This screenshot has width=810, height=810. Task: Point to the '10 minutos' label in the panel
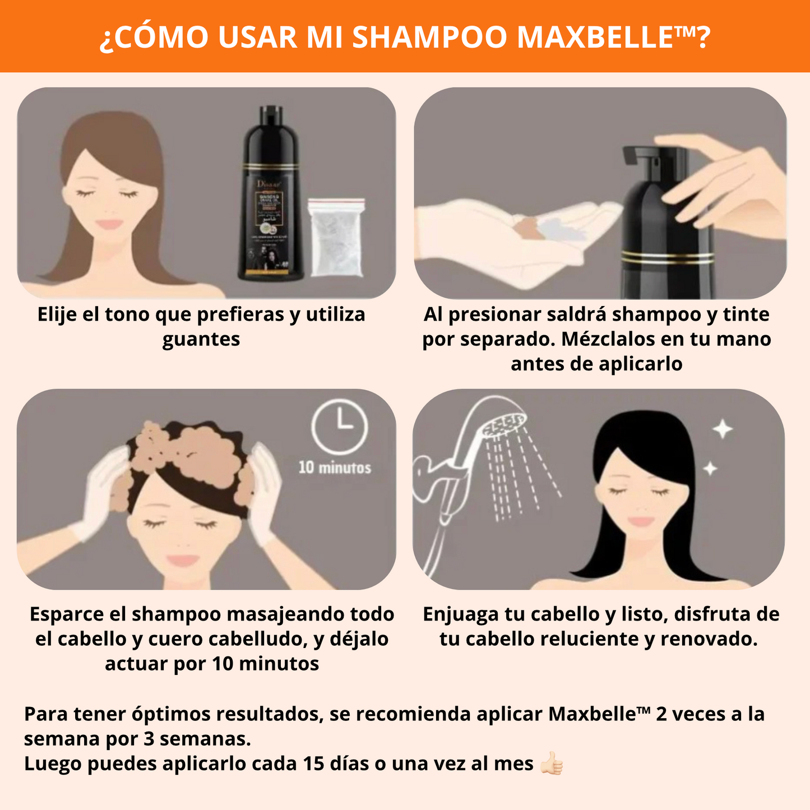click(x=335, y=468)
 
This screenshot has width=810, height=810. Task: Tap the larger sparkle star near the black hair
click(x=723, y=429)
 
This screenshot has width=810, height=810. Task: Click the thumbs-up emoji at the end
click(x=551, y=763)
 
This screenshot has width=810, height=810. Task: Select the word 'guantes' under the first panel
click(x=201, y=339)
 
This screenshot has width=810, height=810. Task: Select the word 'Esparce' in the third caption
click(x=67, y=614)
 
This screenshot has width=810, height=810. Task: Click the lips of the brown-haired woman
click(x=109, y=224)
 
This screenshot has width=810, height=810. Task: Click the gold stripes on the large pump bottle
click(x=667, y=257)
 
